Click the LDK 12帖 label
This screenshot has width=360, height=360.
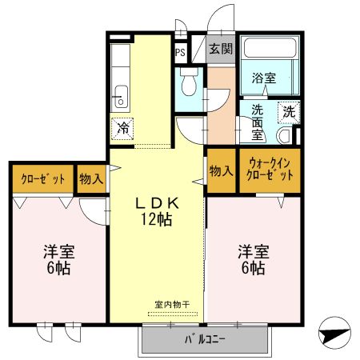[x=158, y=211]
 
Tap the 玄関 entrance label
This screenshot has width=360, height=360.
[x=221, y=49]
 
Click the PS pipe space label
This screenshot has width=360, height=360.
[x=180, y=53]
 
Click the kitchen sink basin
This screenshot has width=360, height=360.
[x=120, y=99]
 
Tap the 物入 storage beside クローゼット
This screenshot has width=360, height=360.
[x=91, y=179]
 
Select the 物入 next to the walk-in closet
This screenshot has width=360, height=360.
[x=220, y=170]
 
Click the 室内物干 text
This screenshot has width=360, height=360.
[x=172, y=305]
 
